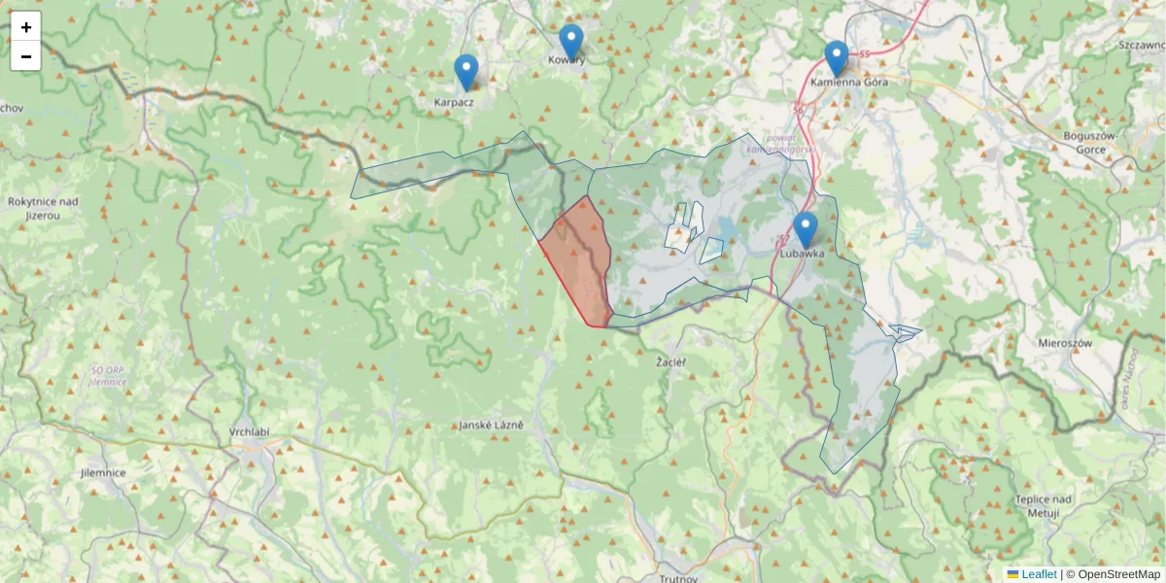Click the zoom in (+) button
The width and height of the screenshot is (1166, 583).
pos(26,26)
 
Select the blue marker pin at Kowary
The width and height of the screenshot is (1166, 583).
pos(570,42)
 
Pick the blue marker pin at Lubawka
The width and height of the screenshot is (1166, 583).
pos(805,229)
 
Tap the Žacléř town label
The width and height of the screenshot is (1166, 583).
pos(671,362)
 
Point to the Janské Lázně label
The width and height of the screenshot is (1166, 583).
pos(492,426)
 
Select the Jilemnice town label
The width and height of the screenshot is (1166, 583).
pos(104,472)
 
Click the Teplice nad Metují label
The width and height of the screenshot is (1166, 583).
pos(1043,505)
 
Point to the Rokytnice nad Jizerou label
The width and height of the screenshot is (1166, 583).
pos(42,208)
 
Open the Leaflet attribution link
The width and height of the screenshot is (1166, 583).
pos(1038,574)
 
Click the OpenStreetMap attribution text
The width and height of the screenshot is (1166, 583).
pos(1118,574)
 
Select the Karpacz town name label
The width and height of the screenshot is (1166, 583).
pos(453,100)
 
